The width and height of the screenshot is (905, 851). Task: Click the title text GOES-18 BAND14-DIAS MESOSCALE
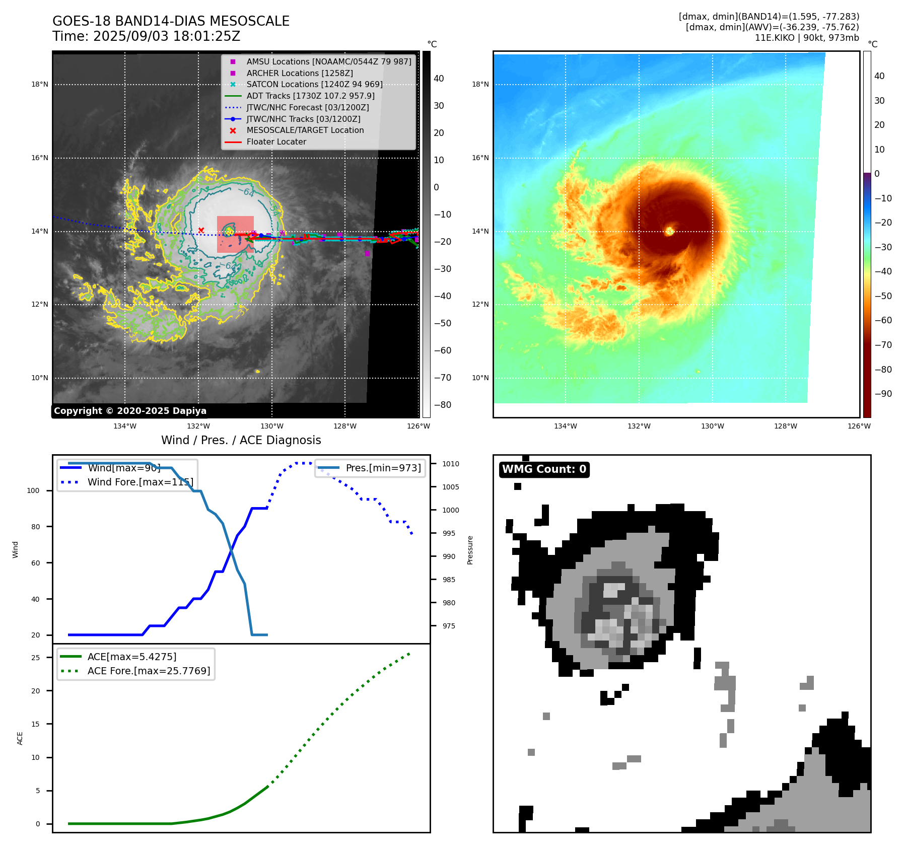(171, 21)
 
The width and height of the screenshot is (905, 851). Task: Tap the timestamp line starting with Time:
(146, 36)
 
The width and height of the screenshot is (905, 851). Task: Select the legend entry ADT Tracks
(310, 96)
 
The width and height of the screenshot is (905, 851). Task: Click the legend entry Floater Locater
(276, 141)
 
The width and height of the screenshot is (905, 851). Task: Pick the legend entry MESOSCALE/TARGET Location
(305, 130)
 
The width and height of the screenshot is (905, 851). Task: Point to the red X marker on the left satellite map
(201, 230)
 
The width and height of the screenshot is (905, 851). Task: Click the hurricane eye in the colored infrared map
(669, 231)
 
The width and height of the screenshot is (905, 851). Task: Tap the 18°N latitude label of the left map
(40, 84)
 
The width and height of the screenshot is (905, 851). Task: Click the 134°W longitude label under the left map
(124, 426)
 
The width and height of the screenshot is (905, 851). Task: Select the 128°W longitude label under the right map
(785, 426)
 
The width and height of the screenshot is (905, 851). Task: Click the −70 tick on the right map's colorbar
(883, 345)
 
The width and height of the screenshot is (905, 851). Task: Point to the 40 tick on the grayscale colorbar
(439, 79)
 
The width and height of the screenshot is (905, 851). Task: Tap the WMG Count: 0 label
(544, 469)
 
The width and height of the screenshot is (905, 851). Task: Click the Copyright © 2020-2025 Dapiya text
(130, 411)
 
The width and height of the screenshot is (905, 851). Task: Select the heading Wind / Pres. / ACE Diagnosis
(241, 440)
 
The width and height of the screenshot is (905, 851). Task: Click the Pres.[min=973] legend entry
(383, 468)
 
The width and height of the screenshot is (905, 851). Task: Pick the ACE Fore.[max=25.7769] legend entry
(149, 671)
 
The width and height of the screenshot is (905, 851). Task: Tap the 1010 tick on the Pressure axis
(451, 464)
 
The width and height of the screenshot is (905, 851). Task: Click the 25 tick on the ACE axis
(35, 658)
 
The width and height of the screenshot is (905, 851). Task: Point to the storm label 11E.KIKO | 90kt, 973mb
(806, 38)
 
